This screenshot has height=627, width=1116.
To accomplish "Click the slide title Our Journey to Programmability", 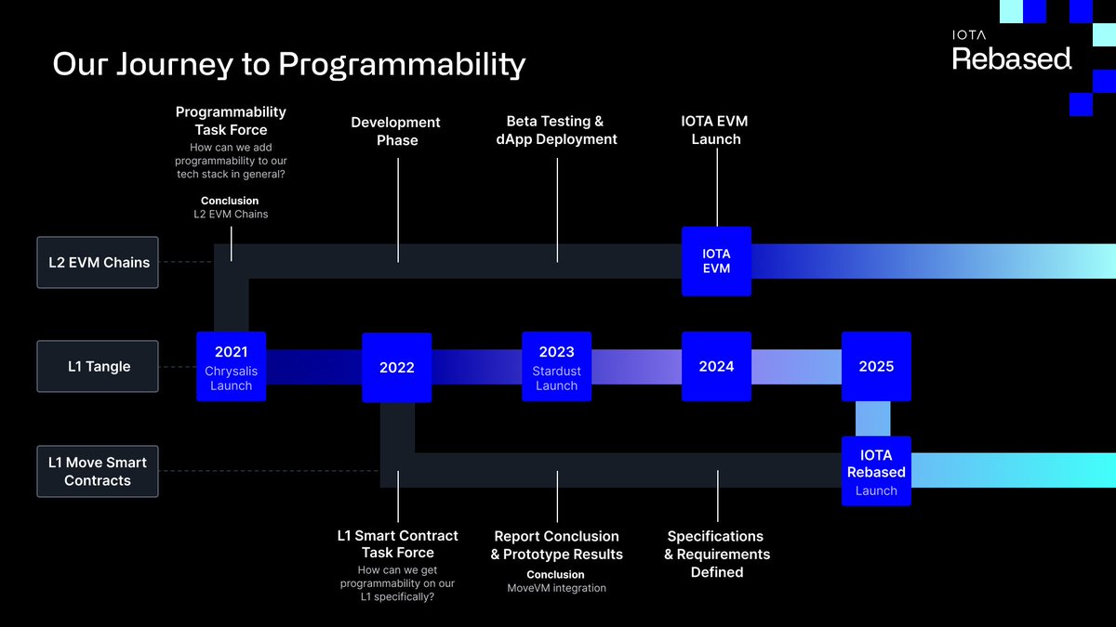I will click(288, 64).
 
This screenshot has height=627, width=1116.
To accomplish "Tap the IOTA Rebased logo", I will click(1012, 52).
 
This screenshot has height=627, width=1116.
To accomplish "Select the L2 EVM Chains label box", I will click(98, 262).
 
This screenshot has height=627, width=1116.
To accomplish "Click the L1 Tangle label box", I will click(98, 366).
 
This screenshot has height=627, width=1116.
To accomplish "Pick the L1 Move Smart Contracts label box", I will click(98, 471).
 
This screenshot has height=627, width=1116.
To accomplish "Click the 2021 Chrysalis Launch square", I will click(231, 366).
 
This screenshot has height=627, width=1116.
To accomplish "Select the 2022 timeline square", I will click(396, 367).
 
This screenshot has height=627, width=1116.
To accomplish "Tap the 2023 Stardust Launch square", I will click(556, 366).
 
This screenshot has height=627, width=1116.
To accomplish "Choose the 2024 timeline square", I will click(716, 366).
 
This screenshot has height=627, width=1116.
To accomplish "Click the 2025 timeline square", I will click(876, 366).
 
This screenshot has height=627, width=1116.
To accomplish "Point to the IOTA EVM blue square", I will click(716, 261).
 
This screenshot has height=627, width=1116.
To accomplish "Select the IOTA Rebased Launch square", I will click(876, 471).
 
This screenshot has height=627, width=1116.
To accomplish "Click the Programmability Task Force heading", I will click(231, 121).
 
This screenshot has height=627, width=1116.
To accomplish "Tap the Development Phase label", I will click(396, 131).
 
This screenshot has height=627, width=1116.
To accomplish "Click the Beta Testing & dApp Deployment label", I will click(555, 130).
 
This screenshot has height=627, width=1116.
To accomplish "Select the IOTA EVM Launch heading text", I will click(715, 130).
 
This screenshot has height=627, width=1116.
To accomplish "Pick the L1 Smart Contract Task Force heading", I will click(397, 543).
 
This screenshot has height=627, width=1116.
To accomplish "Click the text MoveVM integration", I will click(556, 588).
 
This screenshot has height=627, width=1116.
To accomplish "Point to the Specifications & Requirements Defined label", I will click(716, 554).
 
